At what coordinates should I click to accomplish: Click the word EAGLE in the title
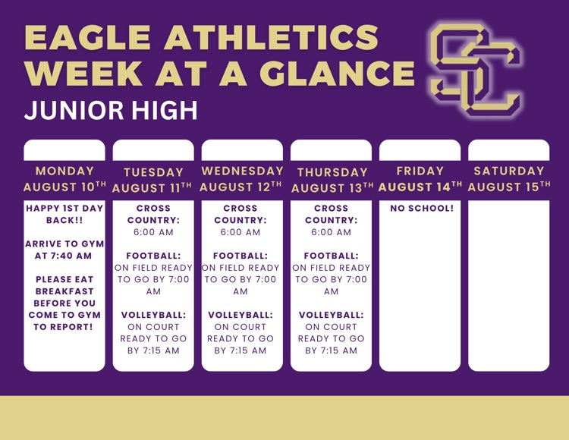pyautogui.click(x=87, y=38)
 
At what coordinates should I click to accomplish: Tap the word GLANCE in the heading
pyautogui.click(x=337, y=74)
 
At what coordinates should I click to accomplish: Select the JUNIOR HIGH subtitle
pyautogui.click(x=111, y=110)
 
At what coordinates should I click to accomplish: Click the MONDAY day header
pyautogui.click(x=64, y=171)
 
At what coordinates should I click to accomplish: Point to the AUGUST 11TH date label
pyautogui.click(x=152, y=188)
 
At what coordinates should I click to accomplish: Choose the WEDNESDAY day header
pyautogui.click(x=243, y=171)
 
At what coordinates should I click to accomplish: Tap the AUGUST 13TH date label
pyautogui.click(x=332, y=188)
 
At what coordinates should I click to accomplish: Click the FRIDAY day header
pyautogui.click(x=420, y=171)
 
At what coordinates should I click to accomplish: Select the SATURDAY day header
pyautogui.click(x=509, y=171)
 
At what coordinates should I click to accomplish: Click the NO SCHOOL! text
pyautogui.click(x=422, y=208)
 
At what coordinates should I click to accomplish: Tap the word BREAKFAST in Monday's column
pyautogui.click(x=64, y=291)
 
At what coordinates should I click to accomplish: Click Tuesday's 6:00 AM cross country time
pyautogui.click(x=153, y=232)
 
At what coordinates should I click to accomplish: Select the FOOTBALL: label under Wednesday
pyautogui.click(x=240, y=256)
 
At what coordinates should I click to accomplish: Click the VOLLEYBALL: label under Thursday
pyautogui.click(x=332, y=315)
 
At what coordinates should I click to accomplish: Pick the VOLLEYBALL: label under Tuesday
pyautogui.click(x=153, y=315)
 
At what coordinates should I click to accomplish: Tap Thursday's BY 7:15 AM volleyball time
pyautogui.click(x=332, y=350)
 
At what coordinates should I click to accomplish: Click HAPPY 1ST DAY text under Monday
pyautogui.click(x=64, y=208)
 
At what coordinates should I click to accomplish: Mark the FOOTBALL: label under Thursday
pyautogui.click(x=332, y=256)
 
